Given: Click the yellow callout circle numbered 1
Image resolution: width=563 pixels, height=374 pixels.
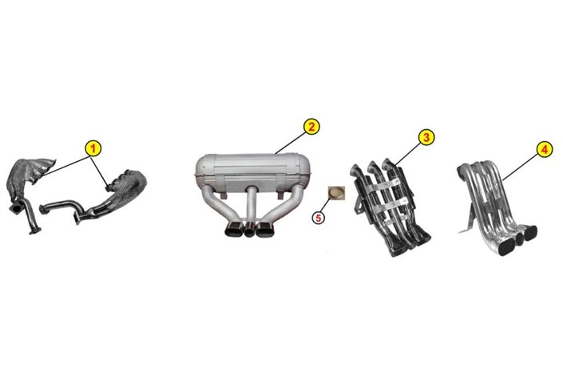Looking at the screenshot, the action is [x=93, y=148].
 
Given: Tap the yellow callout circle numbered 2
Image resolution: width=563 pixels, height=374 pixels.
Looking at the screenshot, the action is [x=311, y=126].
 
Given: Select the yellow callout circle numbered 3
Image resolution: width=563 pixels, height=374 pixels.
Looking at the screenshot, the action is [x=426, y=137].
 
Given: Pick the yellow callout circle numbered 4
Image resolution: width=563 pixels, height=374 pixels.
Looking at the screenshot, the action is [x=545, y=149].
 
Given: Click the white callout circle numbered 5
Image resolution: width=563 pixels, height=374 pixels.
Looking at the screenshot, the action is [x=318, y=218].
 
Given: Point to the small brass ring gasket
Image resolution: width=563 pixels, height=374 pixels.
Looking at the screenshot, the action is [x=337, y=193].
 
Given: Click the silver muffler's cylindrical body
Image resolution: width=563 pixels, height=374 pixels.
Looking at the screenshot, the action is [x=253, y=171].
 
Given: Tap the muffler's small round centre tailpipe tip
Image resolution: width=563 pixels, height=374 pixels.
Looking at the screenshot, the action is [x=249, y=230].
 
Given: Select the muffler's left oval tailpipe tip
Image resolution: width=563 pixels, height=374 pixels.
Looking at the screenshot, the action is [x=234, y=230].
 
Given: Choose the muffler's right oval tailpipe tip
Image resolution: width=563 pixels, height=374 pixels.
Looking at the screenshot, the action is [x=264, y=230].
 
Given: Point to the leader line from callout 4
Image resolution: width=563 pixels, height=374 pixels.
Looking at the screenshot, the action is [x=520, y=167].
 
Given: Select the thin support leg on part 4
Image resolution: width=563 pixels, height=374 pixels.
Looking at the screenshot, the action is [x=465, y=218].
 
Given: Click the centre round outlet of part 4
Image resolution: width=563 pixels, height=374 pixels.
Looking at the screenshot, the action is [x=519, y=238].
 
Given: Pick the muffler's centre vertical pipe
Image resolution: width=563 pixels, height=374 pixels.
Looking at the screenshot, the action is [x=251, y=205].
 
